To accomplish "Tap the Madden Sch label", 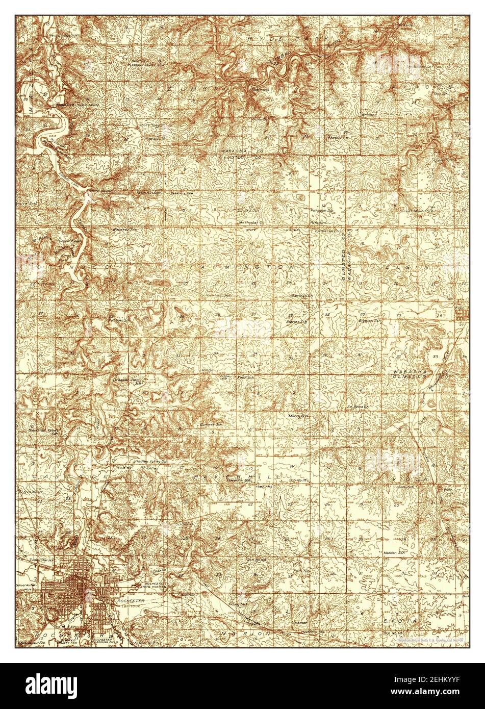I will click(x=394, y=552).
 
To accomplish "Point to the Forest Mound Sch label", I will click(x=416, y=210).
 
